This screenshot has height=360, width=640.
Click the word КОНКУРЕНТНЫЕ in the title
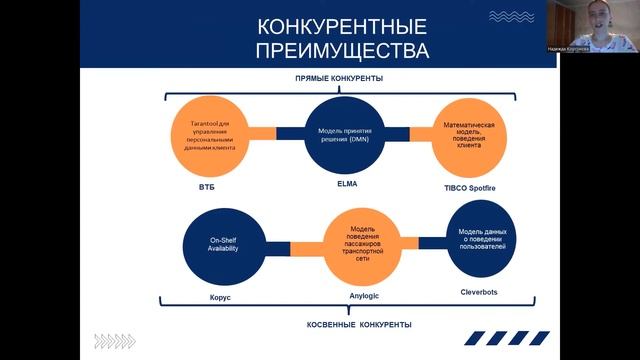[329, 26]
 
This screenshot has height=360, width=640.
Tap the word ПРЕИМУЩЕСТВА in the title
[329, 50]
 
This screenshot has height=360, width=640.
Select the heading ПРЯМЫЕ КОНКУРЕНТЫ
[339, 78]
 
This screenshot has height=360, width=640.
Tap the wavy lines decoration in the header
[511, 17]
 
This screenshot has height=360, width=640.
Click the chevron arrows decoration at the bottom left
[114, 341]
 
